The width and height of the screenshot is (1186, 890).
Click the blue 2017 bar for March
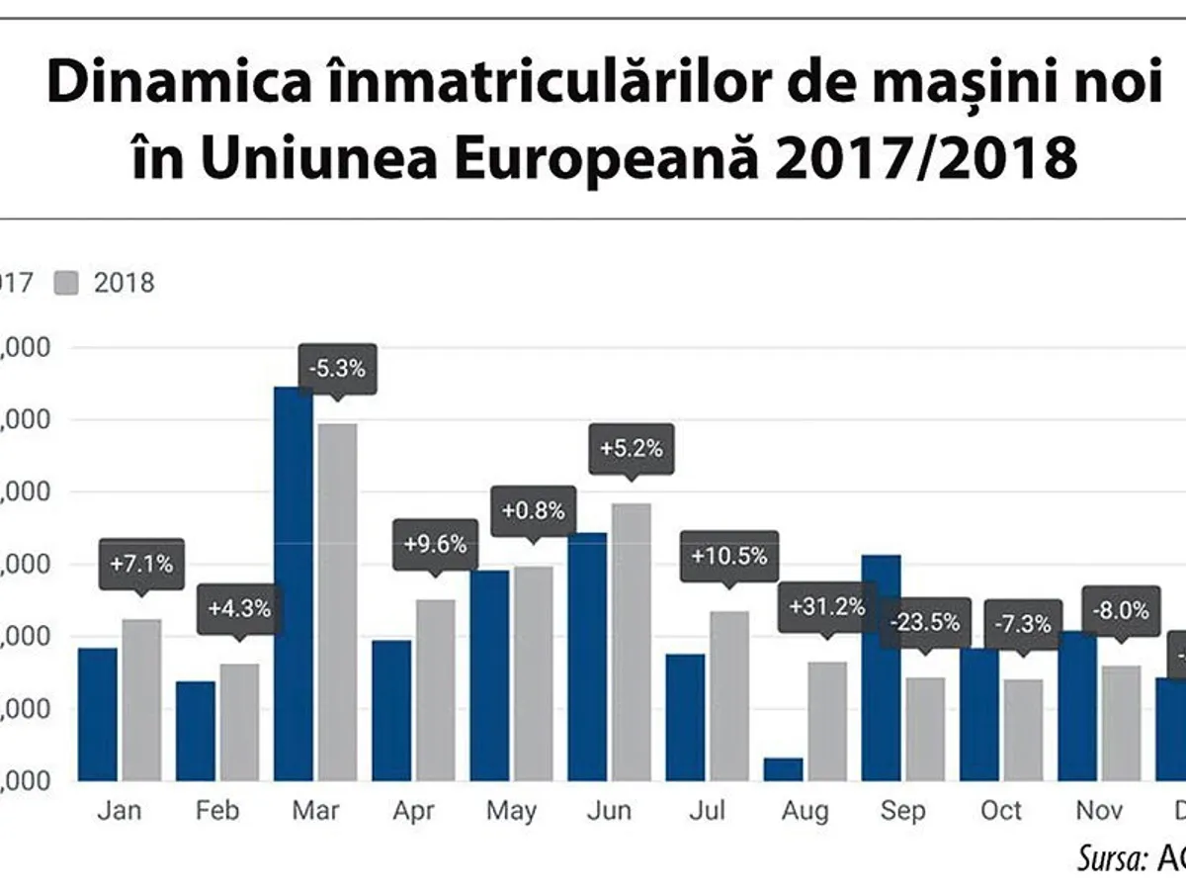(293, 583)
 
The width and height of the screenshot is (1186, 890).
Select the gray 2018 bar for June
(631, 643)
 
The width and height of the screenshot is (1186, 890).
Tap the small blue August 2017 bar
(783, 769)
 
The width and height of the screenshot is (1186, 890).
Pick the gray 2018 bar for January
(140, 700)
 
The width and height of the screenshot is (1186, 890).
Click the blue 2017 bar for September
(881, 667)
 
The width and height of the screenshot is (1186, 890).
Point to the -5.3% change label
(336, 369)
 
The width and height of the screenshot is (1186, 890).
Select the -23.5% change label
(924, 623)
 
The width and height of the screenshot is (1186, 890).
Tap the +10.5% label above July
(728, 556)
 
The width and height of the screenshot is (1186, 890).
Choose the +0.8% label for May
(533, 511)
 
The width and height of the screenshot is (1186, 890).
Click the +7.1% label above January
(140, 565)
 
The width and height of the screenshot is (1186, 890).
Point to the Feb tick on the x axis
(217, 811)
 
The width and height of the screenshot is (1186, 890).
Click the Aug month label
(805, 811)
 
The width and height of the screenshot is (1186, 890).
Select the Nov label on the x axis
(1099, 811)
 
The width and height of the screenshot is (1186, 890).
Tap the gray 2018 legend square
(70, 283)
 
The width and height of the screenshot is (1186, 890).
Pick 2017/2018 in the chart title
(925, 158)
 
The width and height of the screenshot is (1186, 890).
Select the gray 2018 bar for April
(435, 690)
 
